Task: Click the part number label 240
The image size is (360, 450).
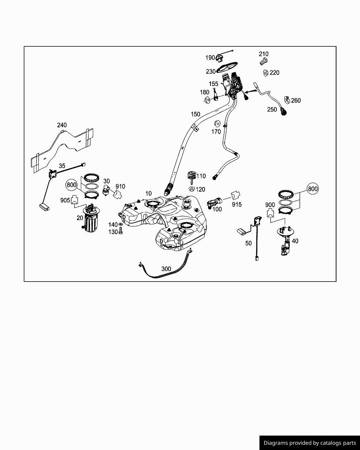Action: point(62,125)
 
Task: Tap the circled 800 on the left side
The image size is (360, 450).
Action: point(72,185)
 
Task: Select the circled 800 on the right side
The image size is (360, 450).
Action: point(313,189)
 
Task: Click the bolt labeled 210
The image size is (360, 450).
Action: point(263,62)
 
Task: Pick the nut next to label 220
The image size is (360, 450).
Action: point(266,73)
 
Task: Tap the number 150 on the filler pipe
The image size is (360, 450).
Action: point(195,114)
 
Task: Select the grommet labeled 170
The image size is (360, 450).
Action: point(217,124)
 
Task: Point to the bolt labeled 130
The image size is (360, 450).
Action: point(121,231)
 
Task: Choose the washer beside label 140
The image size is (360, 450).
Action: point(121,224)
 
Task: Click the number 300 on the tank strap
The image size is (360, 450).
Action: point(166,269)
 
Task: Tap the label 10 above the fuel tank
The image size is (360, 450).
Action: point(148,193)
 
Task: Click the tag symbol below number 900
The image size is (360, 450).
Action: point(270,213)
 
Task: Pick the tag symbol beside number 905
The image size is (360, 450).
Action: point(75,200)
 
